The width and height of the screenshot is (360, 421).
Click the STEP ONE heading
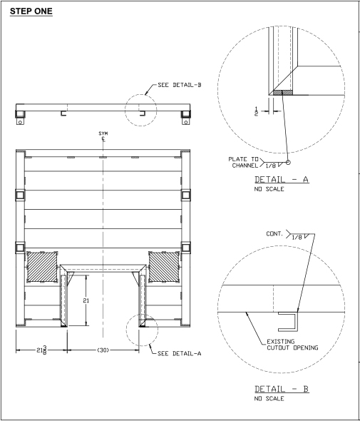(x=31, y=11)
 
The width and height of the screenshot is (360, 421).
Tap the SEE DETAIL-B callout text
(x=180, y=85)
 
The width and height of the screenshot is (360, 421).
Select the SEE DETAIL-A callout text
(x=179, y=353)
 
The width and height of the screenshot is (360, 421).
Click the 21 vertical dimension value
(x=86, y=300)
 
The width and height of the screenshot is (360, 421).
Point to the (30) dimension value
(x=103, y=350)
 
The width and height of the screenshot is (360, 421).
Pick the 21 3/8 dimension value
(x=41, y=350)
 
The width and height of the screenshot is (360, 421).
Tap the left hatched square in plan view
(x=42, y=267)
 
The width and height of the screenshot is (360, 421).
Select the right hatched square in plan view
(x=164, y=267)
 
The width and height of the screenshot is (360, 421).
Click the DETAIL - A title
(x=282, y=179)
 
